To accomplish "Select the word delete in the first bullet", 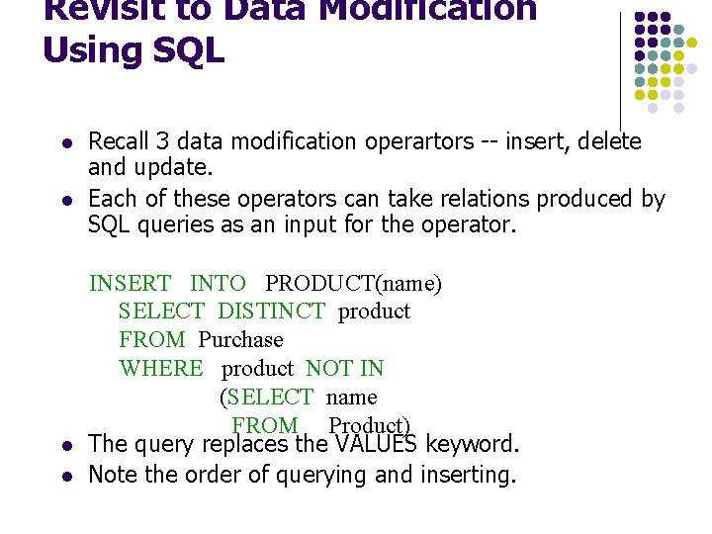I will click(x=608, y=142).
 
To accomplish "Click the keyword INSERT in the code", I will click(x=130, y=284).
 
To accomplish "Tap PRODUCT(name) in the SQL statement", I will click(x=353, y=284).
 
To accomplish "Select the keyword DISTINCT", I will click(x=271, y=311).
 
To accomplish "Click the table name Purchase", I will click(x=240, y=340).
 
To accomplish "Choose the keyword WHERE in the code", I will click(x=161, y=369).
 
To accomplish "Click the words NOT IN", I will click(x=344, y=369).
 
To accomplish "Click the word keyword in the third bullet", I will click(x=472, y=444).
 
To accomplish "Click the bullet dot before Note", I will click(x=64, y=476).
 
